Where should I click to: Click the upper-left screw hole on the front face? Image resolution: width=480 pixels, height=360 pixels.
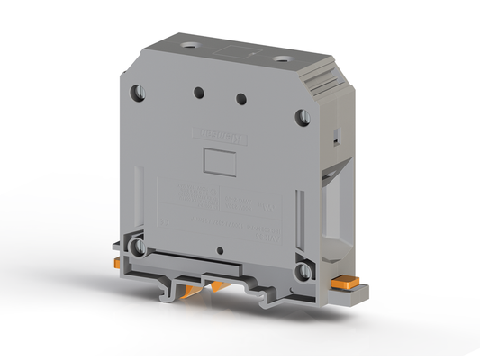pyautogui.click(x=138, y=92)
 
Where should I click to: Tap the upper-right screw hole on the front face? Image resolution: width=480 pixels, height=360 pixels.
pyautogui.click(x=303, y=116)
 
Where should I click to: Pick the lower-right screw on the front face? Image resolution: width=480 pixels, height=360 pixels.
pyautogui.click(x=303, y=269)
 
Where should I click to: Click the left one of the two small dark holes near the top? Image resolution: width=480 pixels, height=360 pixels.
pyautogui.click(x=197, y=91)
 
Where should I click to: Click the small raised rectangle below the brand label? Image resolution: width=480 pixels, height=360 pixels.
pyautogui.click(x=219, y=162)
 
